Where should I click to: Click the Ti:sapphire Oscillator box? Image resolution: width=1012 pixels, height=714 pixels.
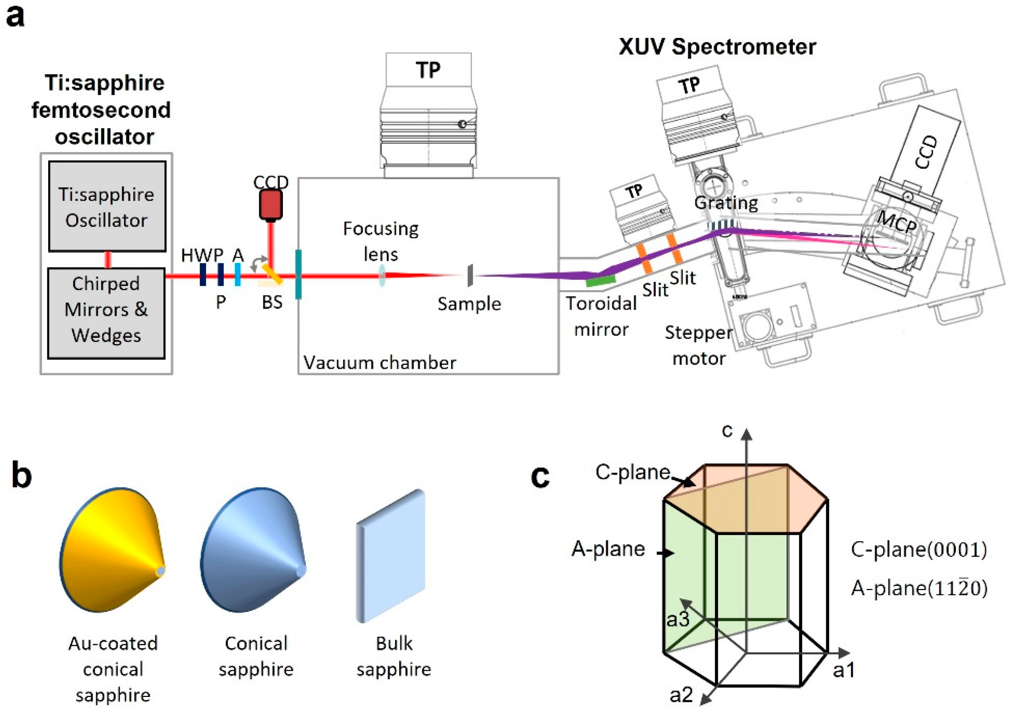click(x=107, y=206)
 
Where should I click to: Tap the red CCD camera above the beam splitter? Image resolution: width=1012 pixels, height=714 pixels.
click(x=271, y=205)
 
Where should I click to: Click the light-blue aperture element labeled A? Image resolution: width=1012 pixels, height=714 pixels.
click(x=238, y=274)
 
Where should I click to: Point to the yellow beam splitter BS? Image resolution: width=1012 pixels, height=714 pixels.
click(x=273, y=274)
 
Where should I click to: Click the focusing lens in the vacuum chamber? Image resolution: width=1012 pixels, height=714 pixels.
click(x=382, y=275)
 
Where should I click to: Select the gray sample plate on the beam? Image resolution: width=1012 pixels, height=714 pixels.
click(x=470, y=275)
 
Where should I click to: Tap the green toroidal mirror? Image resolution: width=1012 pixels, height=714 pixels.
click(x=601, y=280)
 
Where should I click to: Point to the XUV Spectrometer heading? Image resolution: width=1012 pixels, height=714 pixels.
click(x=717, y=47)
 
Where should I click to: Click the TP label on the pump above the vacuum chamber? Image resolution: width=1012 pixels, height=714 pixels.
click(x=428, y=70)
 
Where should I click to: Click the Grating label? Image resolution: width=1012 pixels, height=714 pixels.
click(x=726, y=203)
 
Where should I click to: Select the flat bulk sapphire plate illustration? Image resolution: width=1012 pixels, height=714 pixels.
click(x=391, y=556)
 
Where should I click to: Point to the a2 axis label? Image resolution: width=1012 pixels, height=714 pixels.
click(x=681, y=695)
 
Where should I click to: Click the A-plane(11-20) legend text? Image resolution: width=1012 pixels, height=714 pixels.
click(x=919, y=588)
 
